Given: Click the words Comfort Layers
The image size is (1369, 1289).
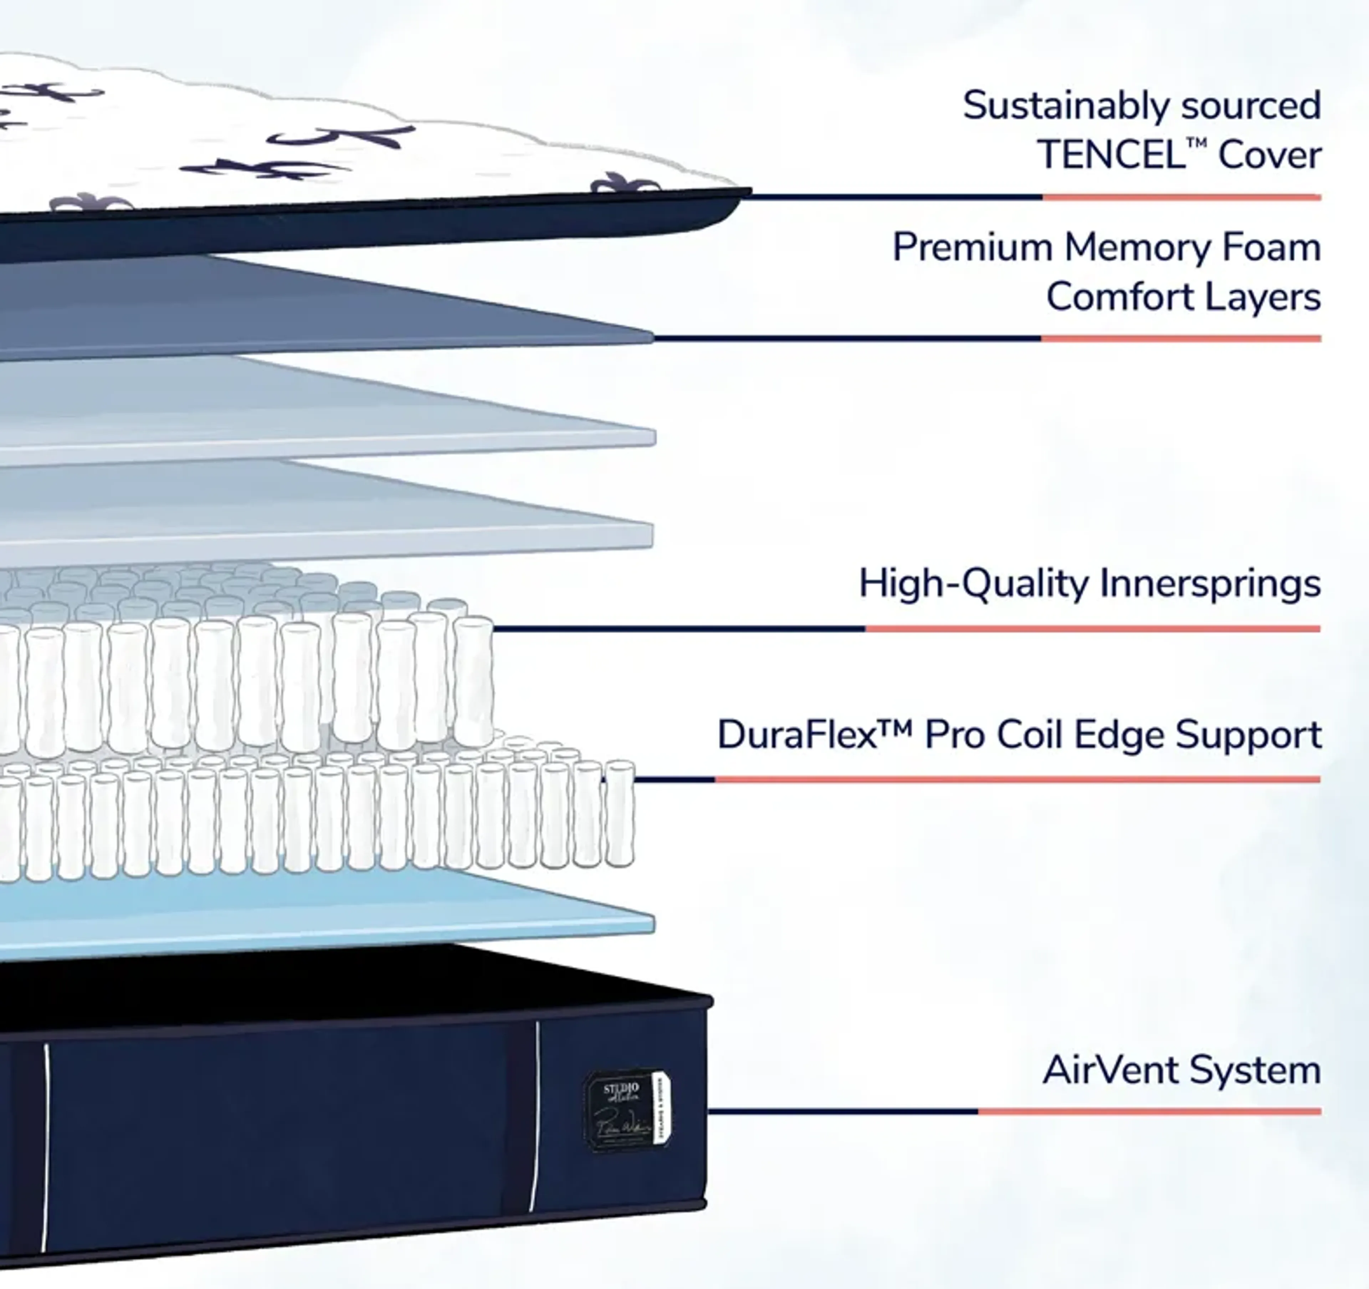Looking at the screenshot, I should pos(1183,297).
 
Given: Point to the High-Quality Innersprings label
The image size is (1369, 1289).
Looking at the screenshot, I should pos(1089,584).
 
